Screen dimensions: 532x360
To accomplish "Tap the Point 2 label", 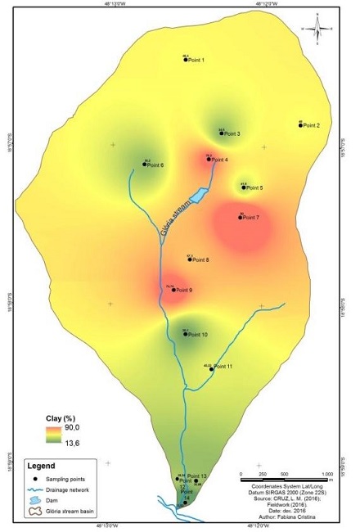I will (x=312, y=126).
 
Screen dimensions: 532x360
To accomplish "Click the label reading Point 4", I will (x=221, y=160).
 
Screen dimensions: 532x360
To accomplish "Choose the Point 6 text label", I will (x=155, y=165).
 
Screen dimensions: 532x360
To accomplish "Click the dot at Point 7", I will (x=241, y=218).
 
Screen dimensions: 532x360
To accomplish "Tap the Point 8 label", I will (x=200, y=260).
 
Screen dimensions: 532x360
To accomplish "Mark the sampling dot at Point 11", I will (x=212, y=369).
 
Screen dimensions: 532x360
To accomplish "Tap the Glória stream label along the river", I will (x=178, y=219).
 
